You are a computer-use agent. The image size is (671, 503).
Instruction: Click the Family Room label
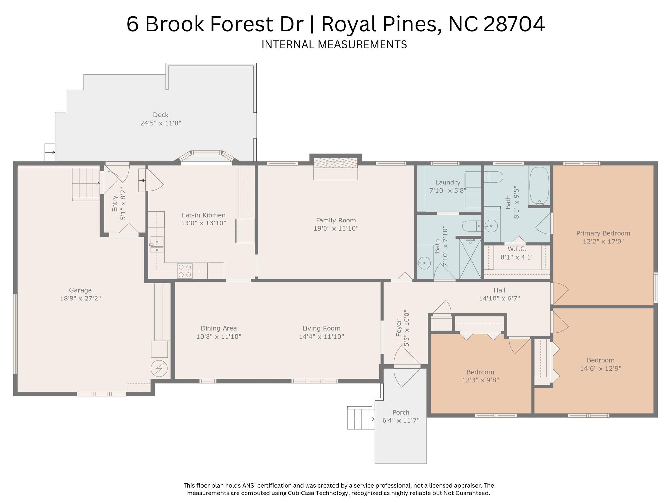pyautogui.click(x=336, y=221)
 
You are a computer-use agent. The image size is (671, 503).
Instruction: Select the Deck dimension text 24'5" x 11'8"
pyautogui.click(x=161, y=123)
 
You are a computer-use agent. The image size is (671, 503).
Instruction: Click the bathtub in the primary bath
pyautogui.click(x=539, y=186)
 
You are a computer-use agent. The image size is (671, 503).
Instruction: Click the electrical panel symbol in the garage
pyautogui.click(x=159, y=369)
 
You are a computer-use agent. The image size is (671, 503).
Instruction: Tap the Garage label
pyautogui.click(x=80, y=290)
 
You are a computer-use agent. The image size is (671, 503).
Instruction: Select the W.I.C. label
pyautogui.click(x=517, y=249)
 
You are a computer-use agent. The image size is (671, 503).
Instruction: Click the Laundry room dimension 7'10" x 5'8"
pyautogui.click(x=448, y=190)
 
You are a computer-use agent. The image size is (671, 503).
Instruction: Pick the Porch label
pyautogui.click(x=401, y=412)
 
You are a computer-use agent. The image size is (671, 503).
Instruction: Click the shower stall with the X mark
pyautogui.click(x=470, y=259)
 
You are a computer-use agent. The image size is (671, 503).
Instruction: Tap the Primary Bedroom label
pyautogui.click(x=603, y=233)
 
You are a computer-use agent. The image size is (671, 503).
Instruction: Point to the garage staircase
pyautogui.click(x=86, y=184)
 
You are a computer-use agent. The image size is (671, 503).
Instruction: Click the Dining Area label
pyautogui.click(x=219, y=328)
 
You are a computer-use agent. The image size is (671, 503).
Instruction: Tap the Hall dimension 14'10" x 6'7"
pyautogui.click(x=499, y=299)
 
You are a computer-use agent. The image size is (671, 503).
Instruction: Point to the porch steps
pyautogui.click(x=361, y=419)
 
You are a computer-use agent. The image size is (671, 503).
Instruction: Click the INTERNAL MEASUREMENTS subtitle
pyautogui.click(x=334, y=44)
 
